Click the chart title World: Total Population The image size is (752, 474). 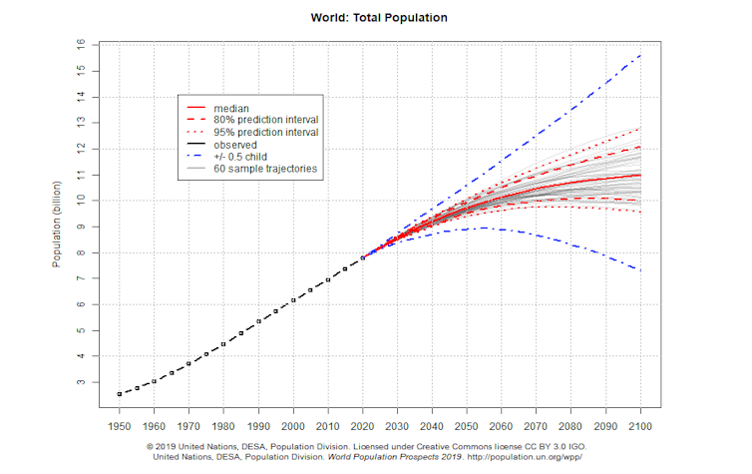click(x=377, y=17)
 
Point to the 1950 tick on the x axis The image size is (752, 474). click(x=120, y=423)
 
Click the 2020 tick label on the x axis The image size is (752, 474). click(x=362, y=423)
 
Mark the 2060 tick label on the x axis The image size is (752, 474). click(x=501, y=423)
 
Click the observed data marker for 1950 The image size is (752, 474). click(x=120, y=394)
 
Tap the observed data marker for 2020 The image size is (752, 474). click(x=362, y=257)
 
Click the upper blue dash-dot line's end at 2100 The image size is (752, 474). click(x=638, y=55)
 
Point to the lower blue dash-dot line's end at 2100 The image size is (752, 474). click(x=638, y=270)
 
